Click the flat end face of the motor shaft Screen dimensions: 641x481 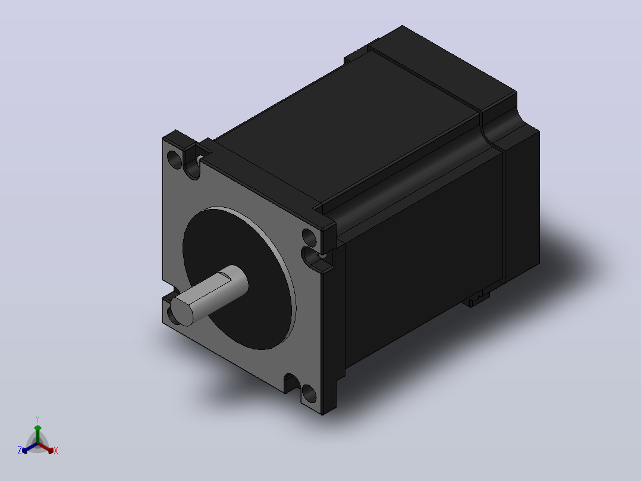click(181, 311)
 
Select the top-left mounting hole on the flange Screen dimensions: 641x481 click(175, 160)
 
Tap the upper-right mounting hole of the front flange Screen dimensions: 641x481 click(309, 238)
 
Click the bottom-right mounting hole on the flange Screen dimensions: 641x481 click(309, 393)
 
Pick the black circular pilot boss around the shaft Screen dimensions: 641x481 click(239, 279)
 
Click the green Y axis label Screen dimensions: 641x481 click(37, 419)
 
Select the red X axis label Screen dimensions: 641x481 click(56, 451)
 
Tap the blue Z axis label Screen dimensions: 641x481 click(19, 451)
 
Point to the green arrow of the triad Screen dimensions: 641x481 click(37, 434)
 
